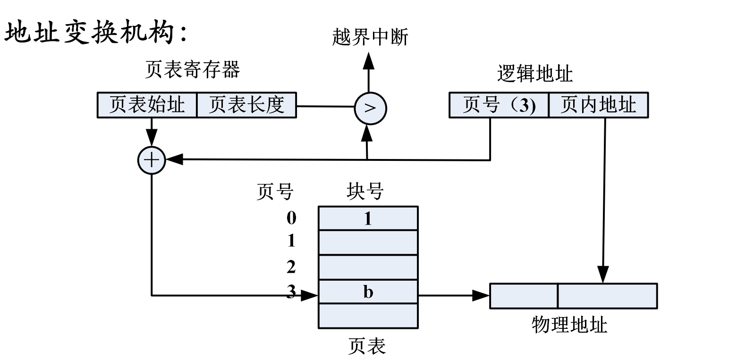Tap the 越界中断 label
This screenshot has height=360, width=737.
(x=370, y=37)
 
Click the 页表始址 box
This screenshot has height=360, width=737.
(x=147, y=105)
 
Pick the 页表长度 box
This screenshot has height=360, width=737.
(x=246, y=105)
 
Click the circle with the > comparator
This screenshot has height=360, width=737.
(x=370, y=108)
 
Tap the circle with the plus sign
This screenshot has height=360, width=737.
(x=151, y=160)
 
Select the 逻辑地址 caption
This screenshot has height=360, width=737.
(x=534, y=74)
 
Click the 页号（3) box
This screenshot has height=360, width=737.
(x=499, y=105)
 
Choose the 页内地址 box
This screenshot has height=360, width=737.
(x=598, y=105)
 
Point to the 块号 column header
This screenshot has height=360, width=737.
(x=364, y=192)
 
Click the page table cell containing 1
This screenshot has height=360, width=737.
(x=368, y=218)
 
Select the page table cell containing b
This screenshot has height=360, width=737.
(x=368, y=293)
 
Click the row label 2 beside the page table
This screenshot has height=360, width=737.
(x=291, y=268)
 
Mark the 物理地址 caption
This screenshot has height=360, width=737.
(x=569, y=325)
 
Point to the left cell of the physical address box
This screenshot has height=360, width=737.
(x=524, y=296)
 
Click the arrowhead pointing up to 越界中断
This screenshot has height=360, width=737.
(x=368, y=60)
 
